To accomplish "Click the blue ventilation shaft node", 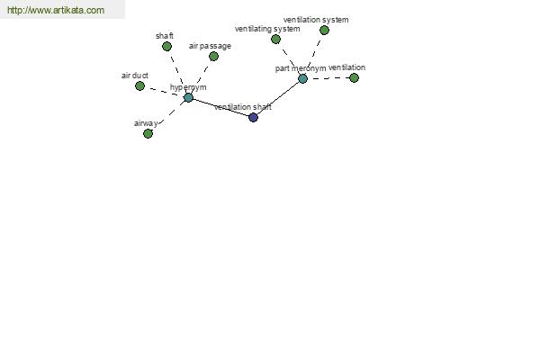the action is point(253,118).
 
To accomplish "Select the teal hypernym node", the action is point(188,97).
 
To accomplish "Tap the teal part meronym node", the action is point(302,79).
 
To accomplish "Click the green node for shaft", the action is point(167,46).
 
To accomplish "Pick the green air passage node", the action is point(213,56).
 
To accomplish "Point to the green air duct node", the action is point(139,85).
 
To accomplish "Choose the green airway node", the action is point(148,133).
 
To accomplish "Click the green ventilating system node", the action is point(275,40).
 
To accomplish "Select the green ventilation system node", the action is point(324,31).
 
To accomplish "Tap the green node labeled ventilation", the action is point(354,78).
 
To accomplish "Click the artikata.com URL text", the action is point(56,10).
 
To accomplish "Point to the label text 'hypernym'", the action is point(188,87).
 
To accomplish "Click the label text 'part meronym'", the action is point(301,68).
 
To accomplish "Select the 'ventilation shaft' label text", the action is point(243,107).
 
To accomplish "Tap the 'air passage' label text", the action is point(210,46).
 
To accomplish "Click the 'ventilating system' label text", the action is point(267,29).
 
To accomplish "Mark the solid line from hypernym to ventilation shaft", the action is point(220,107).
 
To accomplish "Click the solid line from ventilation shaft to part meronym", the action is point(278,98).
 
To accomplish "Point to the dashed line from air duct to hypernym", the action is point(164,92).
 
